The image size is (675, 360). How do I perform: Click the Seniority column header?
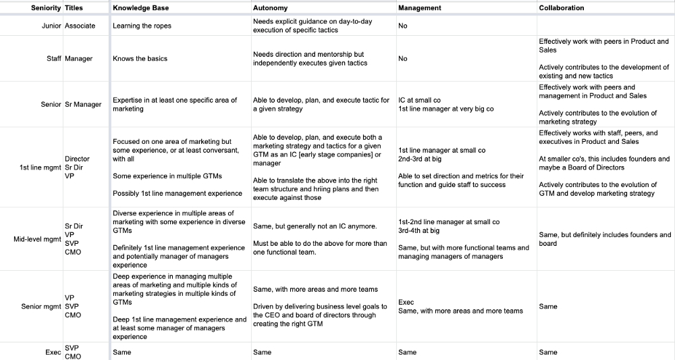click(46, 8)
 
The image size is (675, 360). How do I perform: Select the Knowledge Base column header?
click(141, 8)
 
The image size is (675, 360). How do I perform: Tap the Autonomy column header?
click(270, 8)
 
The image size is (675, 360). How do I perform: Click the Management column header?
click(420, 8)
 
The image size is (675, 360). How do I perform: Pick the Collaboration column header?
click(562, 8)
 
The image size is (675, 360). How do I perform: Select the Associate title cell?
click(80, 26)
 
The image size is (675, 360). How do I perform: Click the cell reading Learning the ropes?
click(142, 26)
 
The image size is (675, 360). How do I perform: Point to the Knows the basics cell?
click(140, 59)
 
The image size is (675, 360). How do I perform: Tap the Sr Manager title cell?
click(83, 104)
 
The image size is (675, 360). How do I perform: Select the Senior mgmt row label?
click(41, 307)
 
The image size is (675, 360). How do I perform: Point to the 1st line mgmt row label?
click(40, 168)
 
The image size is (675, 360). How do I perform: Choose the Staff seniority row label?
click(54, 59)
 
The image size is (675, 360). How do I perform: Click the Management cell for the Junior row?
click(403, 26)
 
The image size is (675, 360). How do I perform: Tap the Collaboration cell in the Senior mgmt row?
click(548, 307)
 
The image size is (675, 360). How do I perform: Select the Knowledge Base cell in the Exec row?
click(122, 352)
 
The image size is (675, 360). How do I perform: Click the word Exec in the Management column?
click(406, 303)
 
